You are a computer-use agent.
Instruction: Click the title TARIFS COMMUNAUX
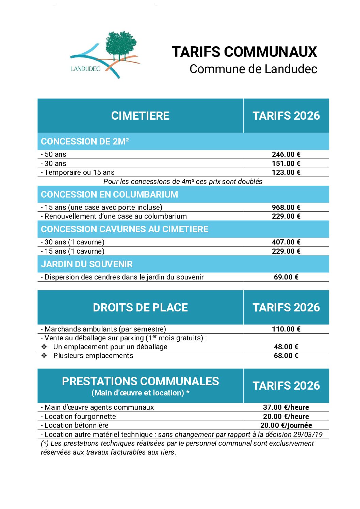coord(244,52)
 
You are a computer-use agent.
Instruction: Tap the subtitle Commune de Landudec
coord(253,69)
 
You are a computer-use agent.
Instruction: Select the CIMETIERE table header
coord(140,116)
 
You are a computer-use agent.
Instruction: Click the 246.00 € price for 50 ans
coord(286,154)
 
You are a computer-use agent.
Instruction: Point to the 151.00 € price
coord(286,164)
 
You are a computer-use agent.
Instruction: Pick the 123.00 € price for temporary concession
coord(286,172)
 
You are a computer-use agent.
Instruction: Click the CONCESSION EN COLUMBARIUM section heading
coord(109,194)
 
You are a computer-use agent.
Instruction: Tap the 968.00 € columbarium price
coord(286,207)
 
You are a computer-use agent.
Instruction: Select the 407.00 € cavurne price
coord(286,242)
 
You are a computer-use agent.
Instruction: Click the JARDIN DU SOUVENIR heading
coord(87,264)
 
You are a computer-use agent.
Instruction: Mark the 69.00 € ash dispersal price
coord(286,277)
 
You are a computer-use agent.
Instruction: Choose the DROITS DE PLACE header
coord(140,307)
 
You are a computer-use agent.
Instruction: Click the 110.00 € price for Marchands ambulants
coord(286,329)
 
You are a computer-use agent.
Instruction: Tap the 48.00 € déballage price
coord(286,347)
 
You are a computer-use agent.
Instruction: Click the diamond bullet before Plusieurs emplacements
coord(44,356)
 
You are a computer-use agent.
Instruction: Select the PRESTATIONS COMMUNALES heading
coord(140,381)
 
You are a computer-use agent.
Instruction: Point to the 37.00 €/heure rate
coord(286,407)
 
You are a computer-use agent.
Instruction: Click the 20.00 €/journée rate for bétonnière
coord(286,425)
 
